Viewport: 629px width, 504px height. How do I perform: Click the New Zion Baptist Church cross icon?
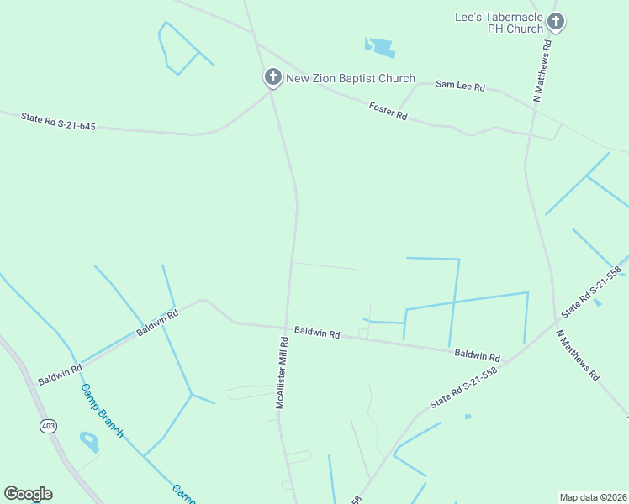click(272, 77)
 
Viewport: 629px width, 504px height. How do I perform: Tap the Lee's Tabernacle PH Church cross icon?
click(555, 22)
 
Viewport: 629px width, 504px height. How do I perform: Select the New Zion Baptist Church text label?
click(351, 79)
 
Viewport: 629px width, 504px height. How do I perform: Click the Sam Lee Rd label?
click(462, 86)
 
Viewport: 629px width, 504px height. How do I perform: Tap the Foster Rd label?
click(388, 111)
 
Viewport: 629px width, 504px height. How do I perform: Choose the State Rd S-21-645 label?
click(58, 122)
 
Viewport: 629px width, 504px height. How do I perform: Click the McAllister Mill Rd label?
click(283, 373)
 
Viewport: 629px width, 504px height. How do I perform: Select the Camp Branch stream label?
click(102, 411)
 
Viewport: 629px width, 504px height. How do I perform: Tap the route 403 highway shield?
click(47, 426)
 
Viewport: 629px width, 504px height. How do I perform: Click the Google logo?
click(28, 494)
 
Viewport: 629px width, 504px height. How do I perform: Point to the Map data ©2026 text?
click(593, 496)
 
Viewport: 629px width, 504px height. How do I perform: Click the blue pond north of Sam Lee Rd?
click(380, 47)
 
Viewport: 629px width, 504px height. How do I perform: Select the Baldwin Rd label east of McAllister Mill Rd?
click(317, 333)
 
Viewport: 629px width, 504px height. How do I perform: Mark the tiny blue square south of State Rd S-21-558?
click(468, 417)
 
